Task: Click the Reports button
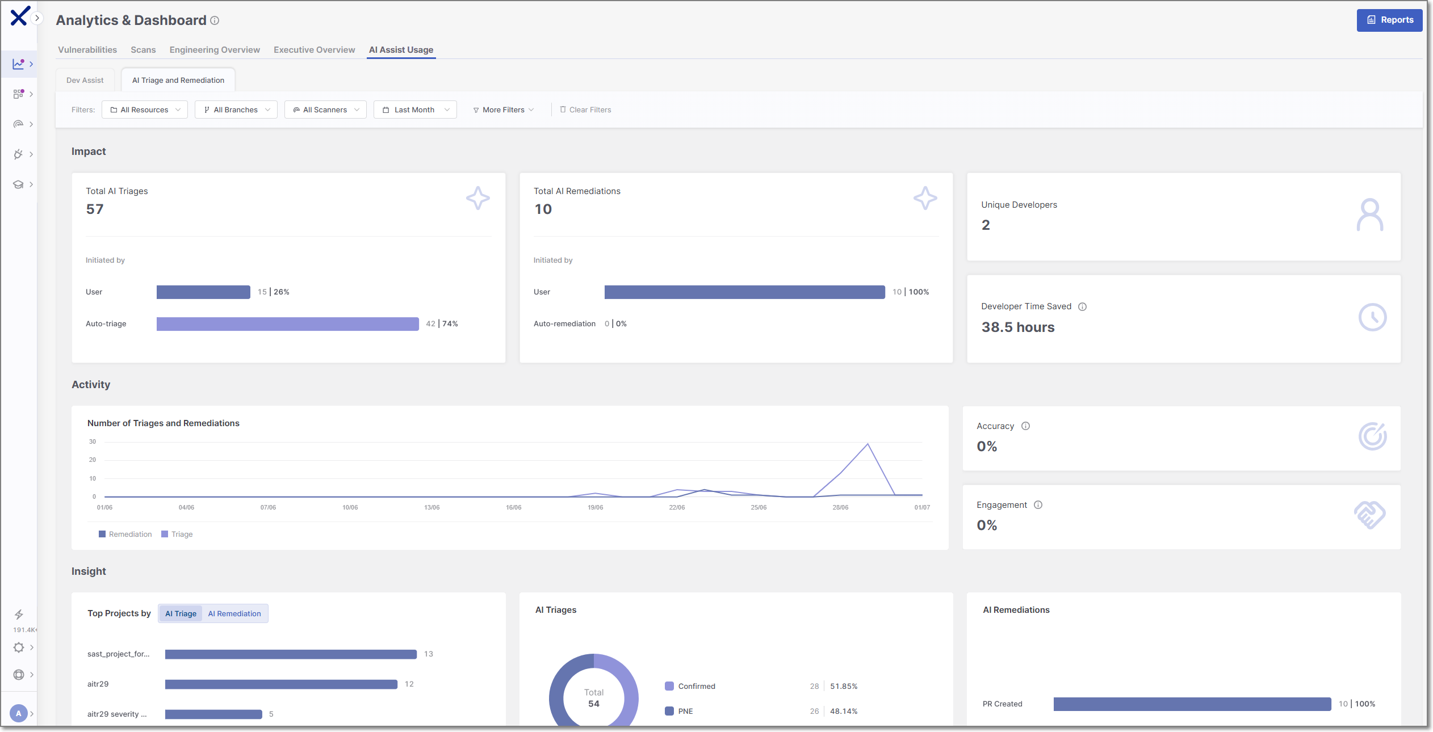click(1389, 20)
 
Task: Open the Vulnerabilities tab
click(87, 50)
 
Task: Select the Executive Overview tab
click(314, 50)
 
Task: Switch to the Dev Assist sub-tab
click(85, 80)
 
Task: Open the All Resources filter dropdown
click(145, 110)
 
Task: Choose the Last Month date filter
click(415, 110)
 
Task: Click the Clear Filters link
click(585, 110)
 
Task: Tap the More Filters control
click(503, 110)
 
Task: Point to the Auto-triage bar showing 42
click(288, 324)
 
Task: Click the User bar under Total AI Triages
click(203, 292)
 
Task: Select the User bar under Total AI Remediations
click(745, 292)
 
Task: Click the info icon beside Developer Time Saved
click(1083, 307)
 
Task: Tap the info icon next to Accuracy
click(1025, 426)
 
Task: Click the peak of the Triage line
click(868, 444)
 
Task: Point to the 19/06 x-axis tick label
click(596, 507)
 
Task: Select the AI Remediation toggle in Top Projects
click(234, 614)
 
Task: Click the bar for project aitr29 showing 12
click(281, 684)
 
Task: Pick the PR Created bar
click(1192, 704)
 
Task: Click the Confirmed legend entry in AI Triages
click(690, 687)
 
